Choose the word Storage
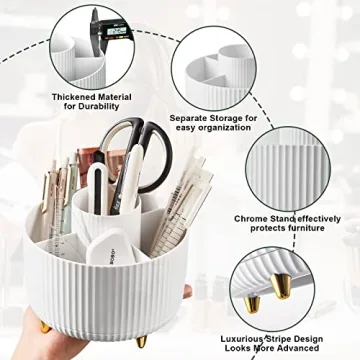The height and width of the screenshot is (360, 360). (229, 119)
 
